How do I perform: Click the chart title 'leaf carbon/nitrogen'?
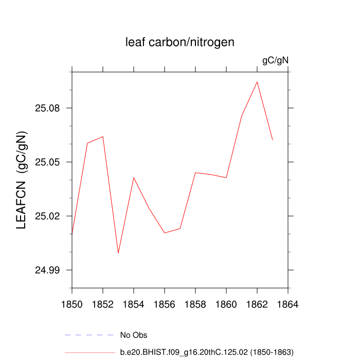click(x=180, y=42)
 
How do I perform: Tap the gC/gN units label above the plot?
click(x=275, y=61)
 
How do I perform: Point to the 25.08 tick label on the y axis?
click(x=47, y=109)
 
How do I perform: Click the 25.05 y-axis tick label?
click(x=47, y=163)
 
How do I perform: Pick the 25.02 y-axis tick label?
click(x=47, y=217)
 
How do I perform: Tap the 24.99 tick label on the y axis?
click(x=47, y=271)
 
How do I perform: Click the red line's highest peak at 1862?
click(x=257, y=82)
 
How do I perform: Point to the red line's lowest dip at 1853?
click(x=118, y=253)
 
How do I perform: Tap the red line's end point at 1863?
click(x=273, y=139)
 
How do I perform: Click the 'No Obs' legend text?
click(x=134, y=335)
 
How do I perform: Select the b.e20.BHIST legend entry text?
click(x=206, y=352)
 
